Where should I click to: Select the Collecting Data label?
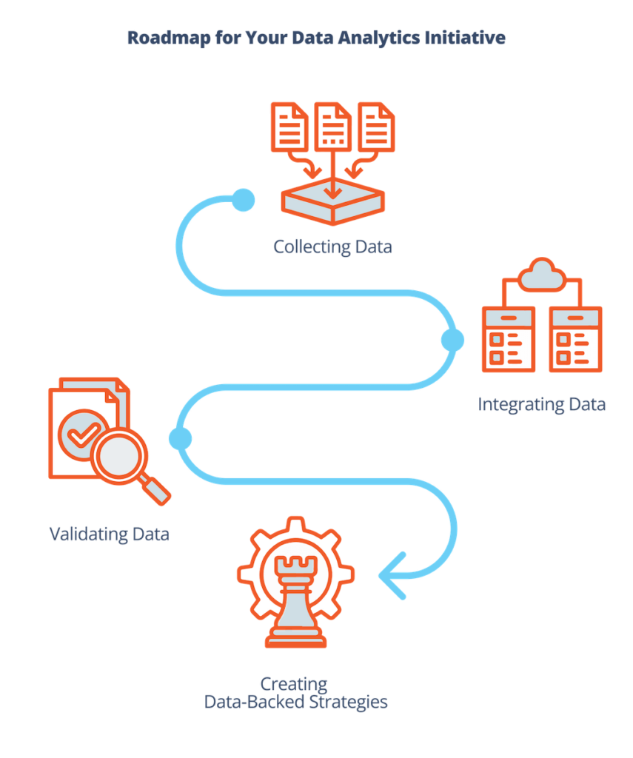pyautogui.click(x=332, y=246)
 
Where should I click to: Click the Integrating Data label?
pyautogui.click(x=542, y=404)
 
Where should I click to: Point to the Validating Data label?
pyautogui.click(x=109, y=533)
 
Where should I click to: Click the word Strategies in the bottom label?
pyautogui.click(x=347, y=701)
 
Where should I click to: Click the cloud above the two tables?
pyautogui.click(x=542, y=275)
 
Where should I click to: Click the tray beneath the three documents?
pyautogui.click(x=332, y=203)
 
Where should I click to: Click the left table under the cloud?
pyautogui.click(x=507, y=339)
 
